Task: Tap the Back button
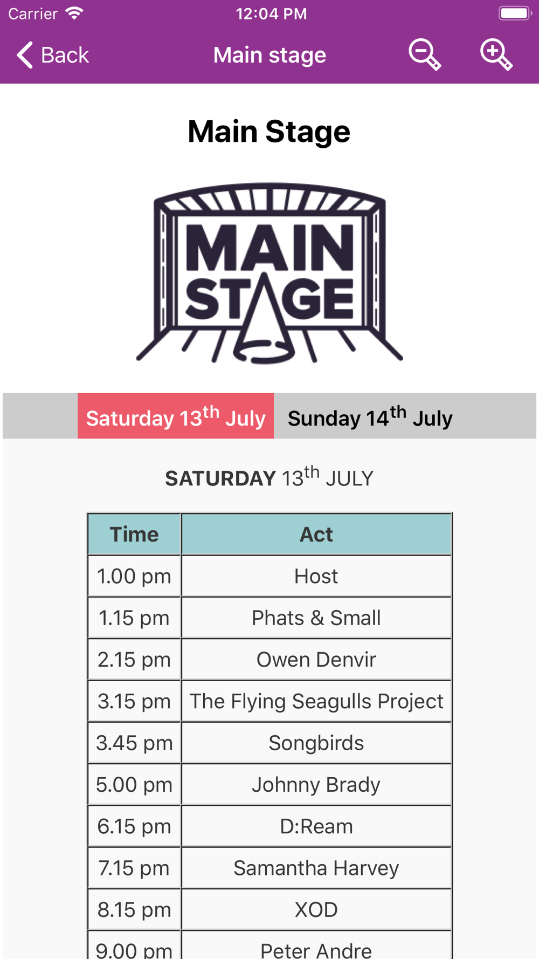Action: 53,55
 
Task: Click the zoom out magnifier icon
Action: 425,54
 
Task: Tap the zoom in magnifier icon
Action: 496,54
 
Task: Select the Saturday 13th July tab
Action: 176,416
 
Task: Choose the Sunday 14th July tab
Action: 370,416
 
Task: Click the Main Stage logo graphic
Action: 269,273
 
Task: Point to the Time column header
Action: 134,534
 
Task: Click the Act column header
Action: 316,534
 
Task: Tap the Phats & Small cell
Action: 316,618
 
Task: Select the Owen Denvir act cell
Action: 316,659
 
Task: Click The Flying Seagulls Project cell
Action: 316,701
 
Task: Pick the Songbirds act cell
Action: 316,743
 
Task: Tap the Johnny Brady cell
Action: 316,784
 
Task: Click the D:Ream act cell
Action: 316,826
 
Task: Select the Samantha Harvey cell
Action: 316,868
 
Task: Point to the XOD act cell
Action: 316,909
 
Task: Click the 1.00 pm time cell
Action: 134,576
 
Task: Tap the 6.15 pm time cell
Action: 134,826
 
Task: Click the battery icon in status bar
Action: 515,13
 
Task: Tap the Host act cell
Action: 316,576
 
